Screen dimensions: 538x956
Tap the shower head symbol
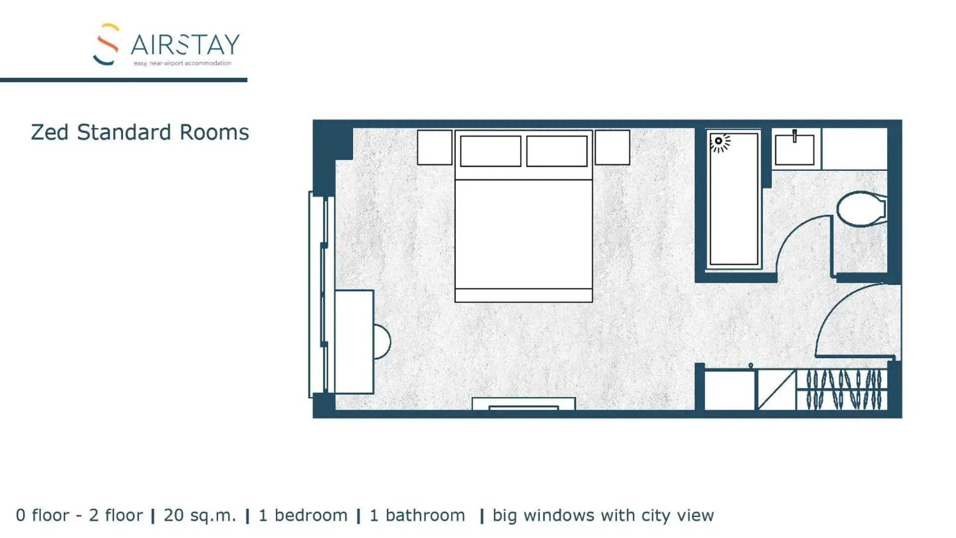[719, 142]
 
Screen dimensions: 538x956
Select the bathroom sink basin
[794, 150]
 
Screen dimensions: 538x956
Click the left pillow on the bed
[490, 151]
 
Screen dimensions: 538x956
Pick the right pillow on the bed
[556, 151]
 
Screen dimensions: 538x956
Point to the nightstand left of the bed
[434, 147]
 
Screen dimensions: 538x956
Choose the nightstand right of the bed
[612, 147]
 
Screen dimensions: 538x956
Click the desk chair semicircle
[382, 342]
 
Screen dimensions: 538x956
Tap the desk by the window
[354, 342]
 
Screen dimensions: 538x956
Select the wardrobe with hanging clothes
[842, 390]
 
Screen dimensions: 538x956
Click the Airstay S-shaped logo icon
[107, 44]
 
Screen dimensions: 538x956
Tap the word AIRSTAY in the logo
[185, 45]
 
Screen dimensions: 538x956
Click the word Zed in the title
[49, 133]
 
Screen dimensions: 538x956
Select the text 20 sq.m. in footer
[199, 515]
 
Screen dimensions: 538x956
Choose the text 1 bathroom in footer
[417, 515]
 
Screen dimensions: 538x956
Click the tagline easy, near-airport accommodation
[182, 63]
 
